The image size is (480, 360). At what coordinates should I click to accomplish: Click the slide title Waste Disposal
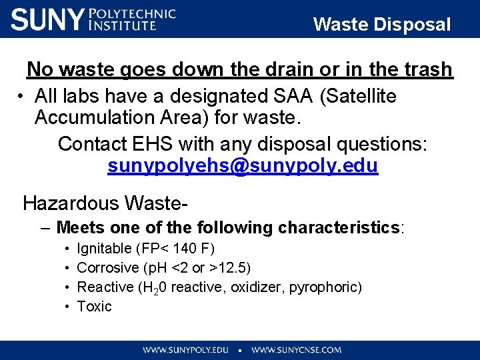click(382, 25)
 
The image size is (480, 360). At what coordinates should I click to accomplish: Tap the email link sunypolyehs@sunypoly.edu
click(243, 166)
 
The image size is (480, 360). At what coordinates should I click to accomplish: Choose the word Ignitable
click(105, 249)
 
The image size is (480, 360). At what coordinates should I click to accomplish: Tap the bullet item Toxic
click(95, 307)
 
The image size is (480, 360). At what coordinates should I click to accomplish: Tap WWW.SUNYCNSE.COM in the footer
click(297, 349)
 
